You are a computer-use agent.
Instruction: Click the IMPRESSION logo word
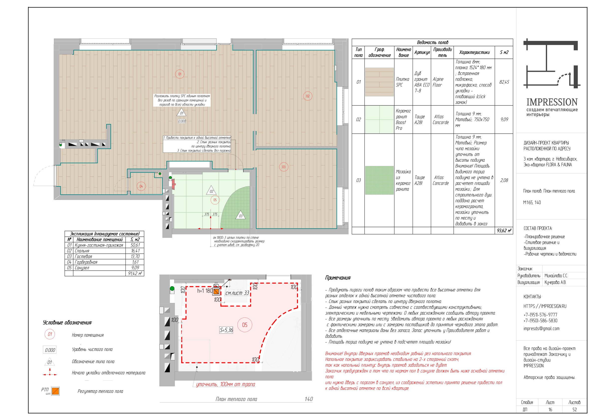coord(552,102)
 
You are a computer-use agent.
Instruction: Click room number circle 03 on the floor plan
coord(284,167)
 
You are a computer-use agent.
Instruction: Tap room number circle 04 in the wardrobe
coord(141,186)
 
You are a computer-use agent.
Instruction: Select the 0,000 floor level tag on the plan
coord(182,121)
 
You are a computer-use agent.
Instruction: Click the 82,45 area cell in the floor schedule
coord(504,82)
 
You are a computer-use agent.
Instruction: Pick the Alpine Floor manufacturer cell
coord(438,82)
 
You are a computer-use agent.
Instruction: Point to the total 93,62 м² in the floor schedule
coord(504,231)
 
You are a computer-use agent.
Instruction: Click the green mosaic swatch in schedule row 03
coord(379,180)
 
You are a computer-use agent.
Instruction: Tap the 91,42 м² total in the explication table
coord(135,273)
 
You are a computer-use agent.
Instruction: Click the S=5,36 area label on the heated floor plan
coord(226,330)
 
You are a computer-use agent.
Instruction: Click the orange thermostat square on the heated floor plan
coord(216,292)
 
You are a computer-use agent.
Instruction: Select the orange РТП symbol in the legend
coord(55,391)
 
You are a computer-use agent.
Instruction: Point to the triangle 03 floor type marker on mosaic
coord(240,215)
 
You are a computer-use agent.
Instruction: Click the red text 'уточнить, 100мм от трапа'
coord(226,384)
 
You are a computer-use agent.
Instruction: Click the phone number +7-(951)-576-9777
coord(540,315)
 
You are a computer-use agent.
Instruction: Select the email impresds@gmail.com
coord(541,329)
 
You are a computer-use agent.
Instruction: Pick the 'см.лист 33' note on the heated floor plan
coord(237,293)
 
